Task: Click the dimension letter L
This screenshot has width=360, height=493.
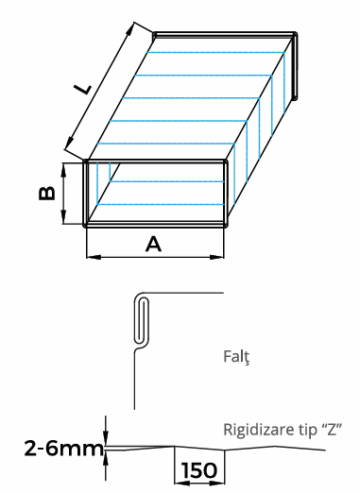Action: [83, 89]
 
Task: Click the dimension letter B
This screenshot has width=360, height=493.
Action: [46, 194]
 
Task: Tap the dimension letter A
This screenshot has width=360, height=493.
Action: [153, 245]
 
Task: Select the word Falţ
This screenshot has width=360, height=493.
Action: [236, 357]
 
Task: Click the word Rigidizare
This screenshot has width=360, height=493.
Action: [254, 430]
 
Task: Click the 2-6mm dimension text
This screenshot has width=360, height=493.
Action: [64, 449]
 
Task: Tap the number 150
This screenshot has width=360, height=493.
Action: [199, 470]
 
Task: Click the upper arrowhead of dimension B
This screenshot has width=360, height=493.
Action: [63, 169]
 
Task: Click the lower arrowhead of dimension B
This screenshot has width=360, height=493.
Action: [63, 217]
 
